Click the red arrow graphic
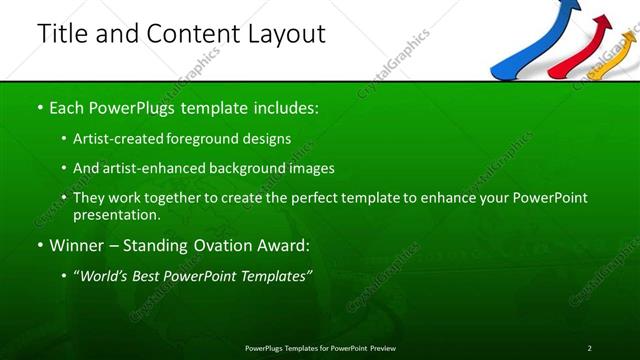(586, 54)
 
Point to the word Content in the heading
(188, 33)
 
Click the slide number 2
(589, 347)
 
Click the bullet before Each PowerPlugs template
(39, 106)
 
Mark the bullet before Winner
(39, 245)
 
